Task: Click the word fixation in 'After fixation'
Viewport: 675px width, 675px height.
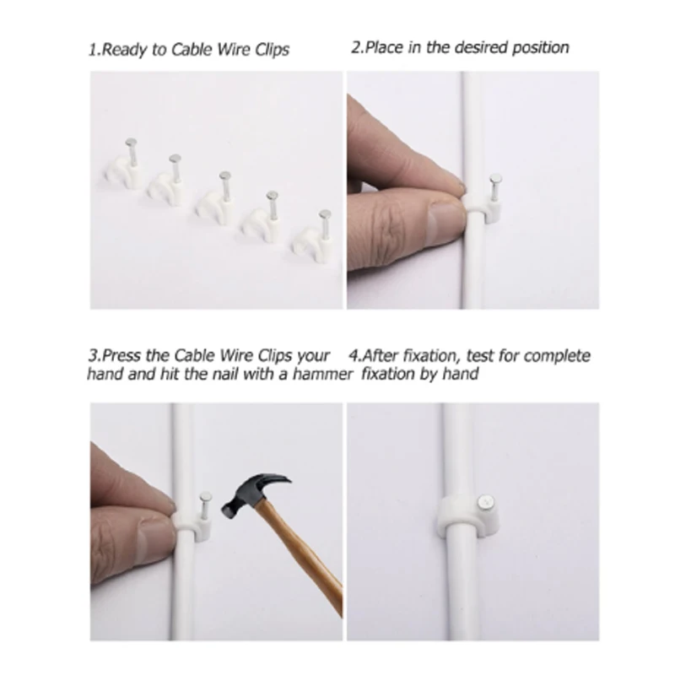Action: pos(429,355)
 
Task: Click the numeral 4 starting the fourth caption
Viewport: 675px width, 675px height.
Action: pos(355,355)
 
